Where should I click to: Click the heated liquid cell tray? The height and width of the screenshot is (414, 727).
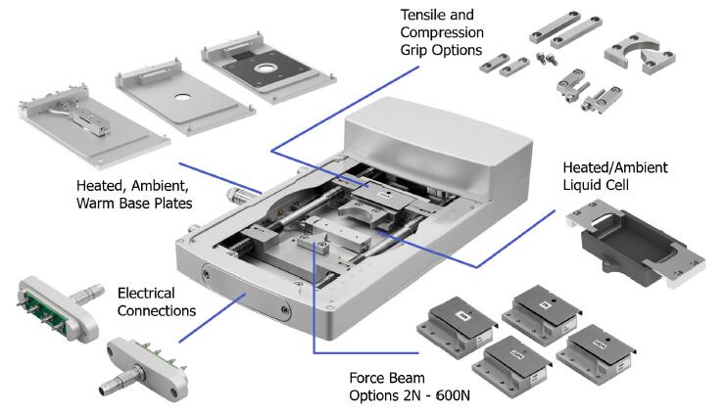coord(627,245)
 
